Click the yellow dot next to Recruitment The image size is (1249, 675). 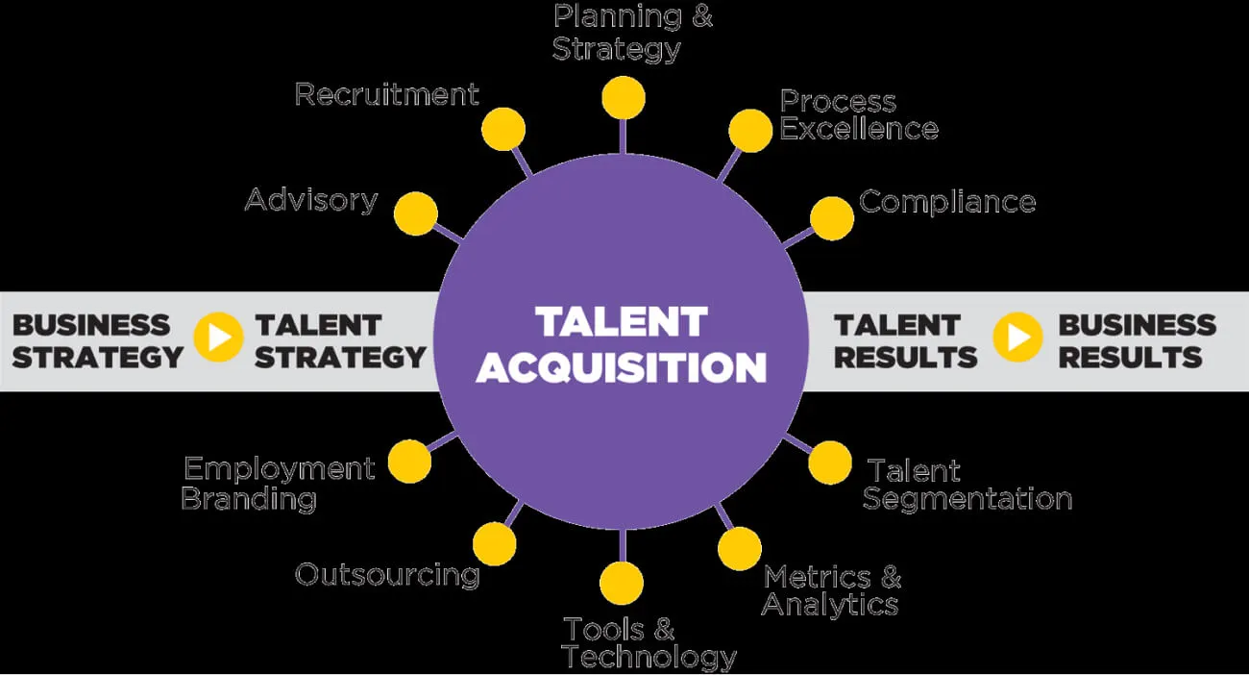pos(503,129)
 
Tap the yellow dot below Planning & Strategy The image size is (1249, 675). pos(624,98)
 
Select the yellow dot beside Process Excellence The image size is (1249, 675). pos(750,131)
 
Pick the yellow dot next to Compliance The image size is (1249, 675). pos(832,219)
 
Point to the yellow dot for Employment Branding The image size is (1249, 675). pos(410,462)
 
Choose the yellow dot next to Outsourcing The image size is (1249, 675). pos(495,543)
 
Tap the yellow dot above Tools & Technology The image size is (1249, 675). pos(622,583)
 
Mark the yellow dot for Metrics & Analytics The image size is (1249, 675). pos(740,548)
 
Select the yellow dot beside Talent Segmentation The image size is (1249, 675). pos(830,462)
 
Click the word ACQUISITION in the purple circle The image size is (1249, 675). pos(622,368)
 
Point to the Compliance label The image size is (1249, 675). pos(947,202)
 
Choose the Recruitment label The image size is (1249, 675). pos(386,94)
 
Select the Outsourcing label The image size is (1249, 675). pos(387,575)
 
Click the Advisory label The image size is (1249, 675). pos(311,200)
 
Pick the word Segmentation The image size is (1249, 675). pos(967,499)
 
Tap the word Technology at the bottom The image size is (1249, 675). pos(649,658)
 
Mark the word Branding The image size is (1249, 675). pos(249,499)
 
